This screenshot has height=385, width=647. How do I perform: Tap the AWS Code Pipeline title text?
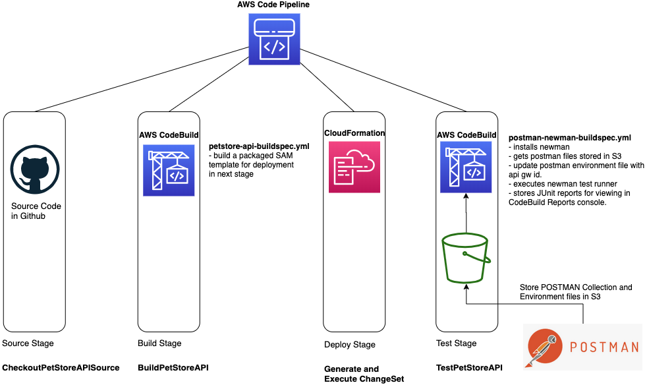point(273,5)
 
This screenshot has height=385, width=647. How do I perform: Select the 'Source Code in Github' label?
point(36,211)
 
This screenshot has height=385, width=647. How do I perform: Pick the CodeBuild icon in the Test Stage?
point(466,170)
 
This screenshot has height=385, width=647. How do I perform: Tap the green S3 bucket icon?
point(466,258)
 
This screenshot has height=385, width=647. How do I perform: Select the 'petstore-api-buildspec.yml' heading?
point(259,146)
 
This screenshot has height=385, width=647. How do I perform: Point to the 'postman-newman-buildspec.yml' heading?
point(570,138)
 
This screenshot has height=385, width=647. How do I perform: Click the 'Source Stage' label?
point(28,343)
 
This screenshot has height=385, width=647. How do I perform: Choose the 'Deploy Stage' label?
point(349,345)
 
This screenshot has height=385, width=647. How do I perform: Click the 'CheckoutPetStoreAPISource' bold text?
point(61,367)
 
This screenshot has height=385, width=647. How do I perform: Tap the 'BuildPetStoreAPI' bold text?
point(173,367)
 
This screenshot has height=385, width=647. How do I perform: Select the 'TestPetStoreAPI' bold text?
point(469,367)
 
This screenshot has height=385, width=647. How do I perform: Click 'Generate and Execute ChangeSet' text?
point(364,374)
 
